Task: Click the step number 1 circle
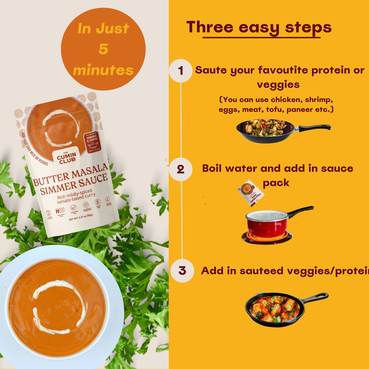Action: pos(181,71)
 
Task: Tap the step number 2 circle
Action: pos(181,169)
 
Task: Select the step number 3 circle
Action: pos(182,271)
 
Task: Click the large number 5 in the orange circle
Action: pos(103,49)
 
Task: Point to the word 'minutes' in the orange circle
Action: pos(103,70)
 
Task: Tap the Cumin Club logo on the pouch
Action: pos(66,157)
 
